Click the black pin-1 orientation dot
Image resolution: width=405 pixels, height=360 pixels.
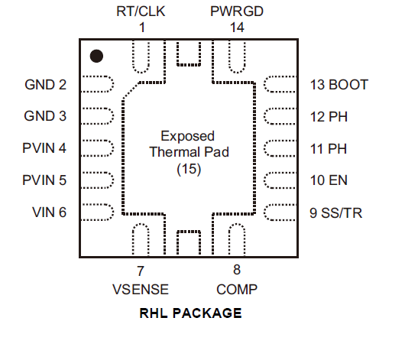[x=96, y=56]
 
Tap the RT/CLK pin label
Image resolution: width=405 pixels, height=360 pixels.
[x=141, y=11]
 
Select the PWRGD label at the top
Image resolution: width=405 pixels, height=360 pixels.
[x=237, y=11]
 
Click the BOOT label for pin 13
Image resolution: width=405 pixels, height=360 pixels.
[x=348, y=85]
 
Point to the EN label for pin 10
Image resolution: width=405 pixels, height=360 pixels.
[x=338, y=180]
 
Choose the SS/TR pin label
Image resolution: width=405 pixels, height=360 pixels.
[x=342, y=213]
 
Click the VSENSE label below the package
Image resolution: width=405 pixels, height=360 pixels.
[x=141, y=290]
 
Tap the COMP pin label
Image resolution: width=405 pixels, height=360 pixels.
[x=237, y=290]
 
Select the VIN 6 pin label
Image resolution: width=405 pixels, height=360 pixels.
[x=50, y=212]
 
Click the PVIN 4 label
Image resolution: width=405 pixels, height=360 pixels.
[x=44, y=148]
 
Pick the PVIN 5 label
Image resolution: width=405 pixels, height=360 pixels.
[x=44, y=180]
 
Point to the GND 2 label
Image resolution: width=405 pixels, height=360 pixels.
[x=45, y=85]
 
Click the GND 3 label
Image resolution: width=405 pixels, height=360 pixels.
[x=45, y=116]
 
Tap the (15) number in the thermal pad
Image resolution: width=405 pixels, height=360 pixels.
[x=189, y=169]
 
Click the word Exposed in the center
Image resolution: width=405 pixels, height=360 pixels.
[x=187, y=136]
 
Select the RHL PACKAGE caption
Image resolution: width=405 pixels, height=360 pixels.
[x=190, y=313]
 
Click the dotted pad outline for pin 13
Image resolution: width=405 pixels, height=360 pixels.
[x=264, y=84]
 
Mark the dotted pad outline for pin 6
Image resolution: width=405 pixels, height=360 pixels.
[x=113, y=212]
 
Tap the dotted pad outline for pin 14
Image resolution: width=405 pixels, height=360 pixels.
[x=237, y=73]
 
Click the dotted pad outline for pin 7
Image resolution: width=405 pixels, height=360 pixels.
[x=141, y=224]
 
